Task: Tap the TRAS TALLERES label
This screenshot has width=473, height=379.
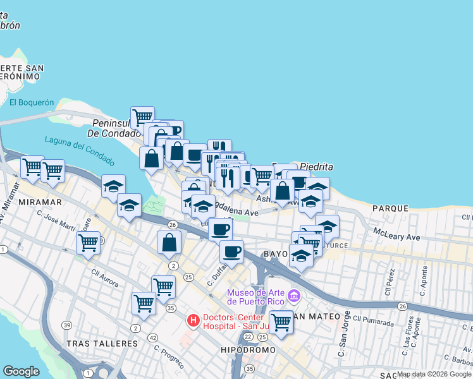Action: click(102, 344)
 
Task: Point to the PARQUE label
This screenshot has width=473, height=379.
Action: click(391, 208)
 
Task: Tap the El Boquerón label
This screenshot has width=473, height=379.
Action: click(32, 102)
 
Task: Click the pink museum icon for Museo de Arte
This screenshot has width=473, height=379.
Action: click(293, 296)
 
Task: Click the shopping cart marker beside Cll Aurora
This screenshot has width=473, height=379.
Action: click(88, 242)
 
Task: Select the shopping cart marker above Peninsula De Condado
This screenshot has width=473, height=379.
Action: click(143, 116)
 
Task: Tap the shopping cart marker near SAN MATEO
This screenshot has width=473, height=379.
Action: click(281, 322)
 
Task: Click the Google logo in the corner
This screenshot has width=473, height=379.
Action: click(20, 371)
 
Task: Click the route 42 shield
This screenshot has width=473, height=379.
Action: click(152, 339)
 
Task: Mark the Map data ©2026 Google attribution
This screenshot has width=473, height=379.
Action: click(434, 374)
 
